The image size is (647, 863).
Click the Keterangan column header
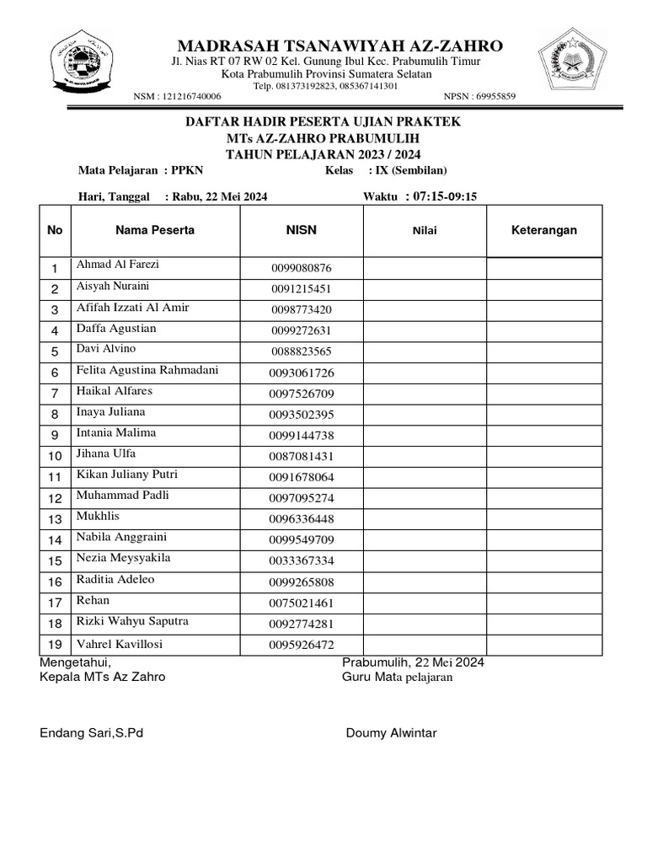[x=544, y=230]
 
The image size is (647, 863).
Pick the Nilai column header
[x=425, y=231]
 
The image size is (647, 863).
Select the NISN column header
[x=302, y=230]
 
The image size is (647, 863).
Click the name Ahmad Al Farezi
[x=117, y=265]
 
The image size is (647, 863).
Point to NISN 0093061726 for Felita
[x=302, y=373]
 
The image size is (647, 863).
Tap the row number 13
[x=56, y=519]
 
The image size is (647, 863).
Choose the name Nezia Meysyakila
[x=123, y=558]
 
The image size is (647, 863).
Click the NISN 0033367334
[x=302, y=561]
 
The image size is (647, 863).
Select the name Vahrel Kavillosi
[x=120, y=644]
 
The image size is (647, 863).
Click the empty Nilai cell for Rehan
[x=425, y=603]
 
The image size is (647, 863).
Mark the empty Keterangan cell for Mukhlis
[x=544, y=519]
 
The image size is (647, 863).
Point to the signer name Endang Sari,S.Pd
[x=92, y=733]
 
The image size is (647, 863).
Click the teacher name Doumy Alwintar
[x=391, y=733]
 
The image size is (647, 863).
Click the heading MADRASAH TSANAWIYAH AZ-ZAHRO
[x=340, y=46]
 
